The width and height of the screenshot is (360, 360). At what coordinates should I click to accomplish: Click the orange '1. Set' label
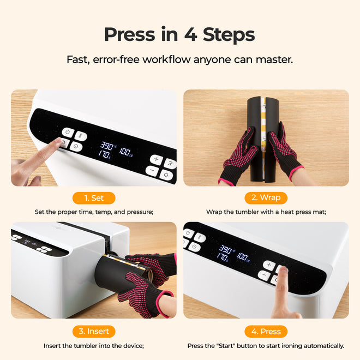94,197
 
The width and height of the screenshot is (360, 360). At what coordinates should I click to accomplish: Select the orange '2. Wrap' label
266,197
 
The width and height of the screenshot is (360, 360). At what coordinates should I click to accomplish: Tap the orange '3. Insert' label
94,331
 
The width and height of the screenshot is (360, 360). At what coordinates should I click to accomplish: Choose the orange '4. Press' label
266,331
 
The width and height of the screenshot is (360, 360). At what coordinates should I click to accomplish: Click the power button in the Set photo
67,133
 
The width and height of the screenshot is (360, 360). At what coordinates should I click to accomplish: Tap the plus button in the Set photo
156,160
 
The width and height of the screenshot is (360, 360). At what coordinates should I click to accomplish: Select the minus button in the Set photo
152,172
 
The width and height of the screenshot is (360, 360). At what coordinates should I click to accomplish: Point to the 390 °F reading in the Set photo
107,147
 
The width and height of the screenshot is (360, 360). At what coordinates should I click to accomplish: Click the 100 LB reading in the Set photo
125,151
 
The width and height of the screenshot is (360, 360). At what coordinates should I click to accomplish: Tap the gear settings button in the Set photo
166,175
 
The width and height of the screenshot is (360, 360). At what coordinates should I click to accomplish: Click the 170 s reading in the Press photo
224,255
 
